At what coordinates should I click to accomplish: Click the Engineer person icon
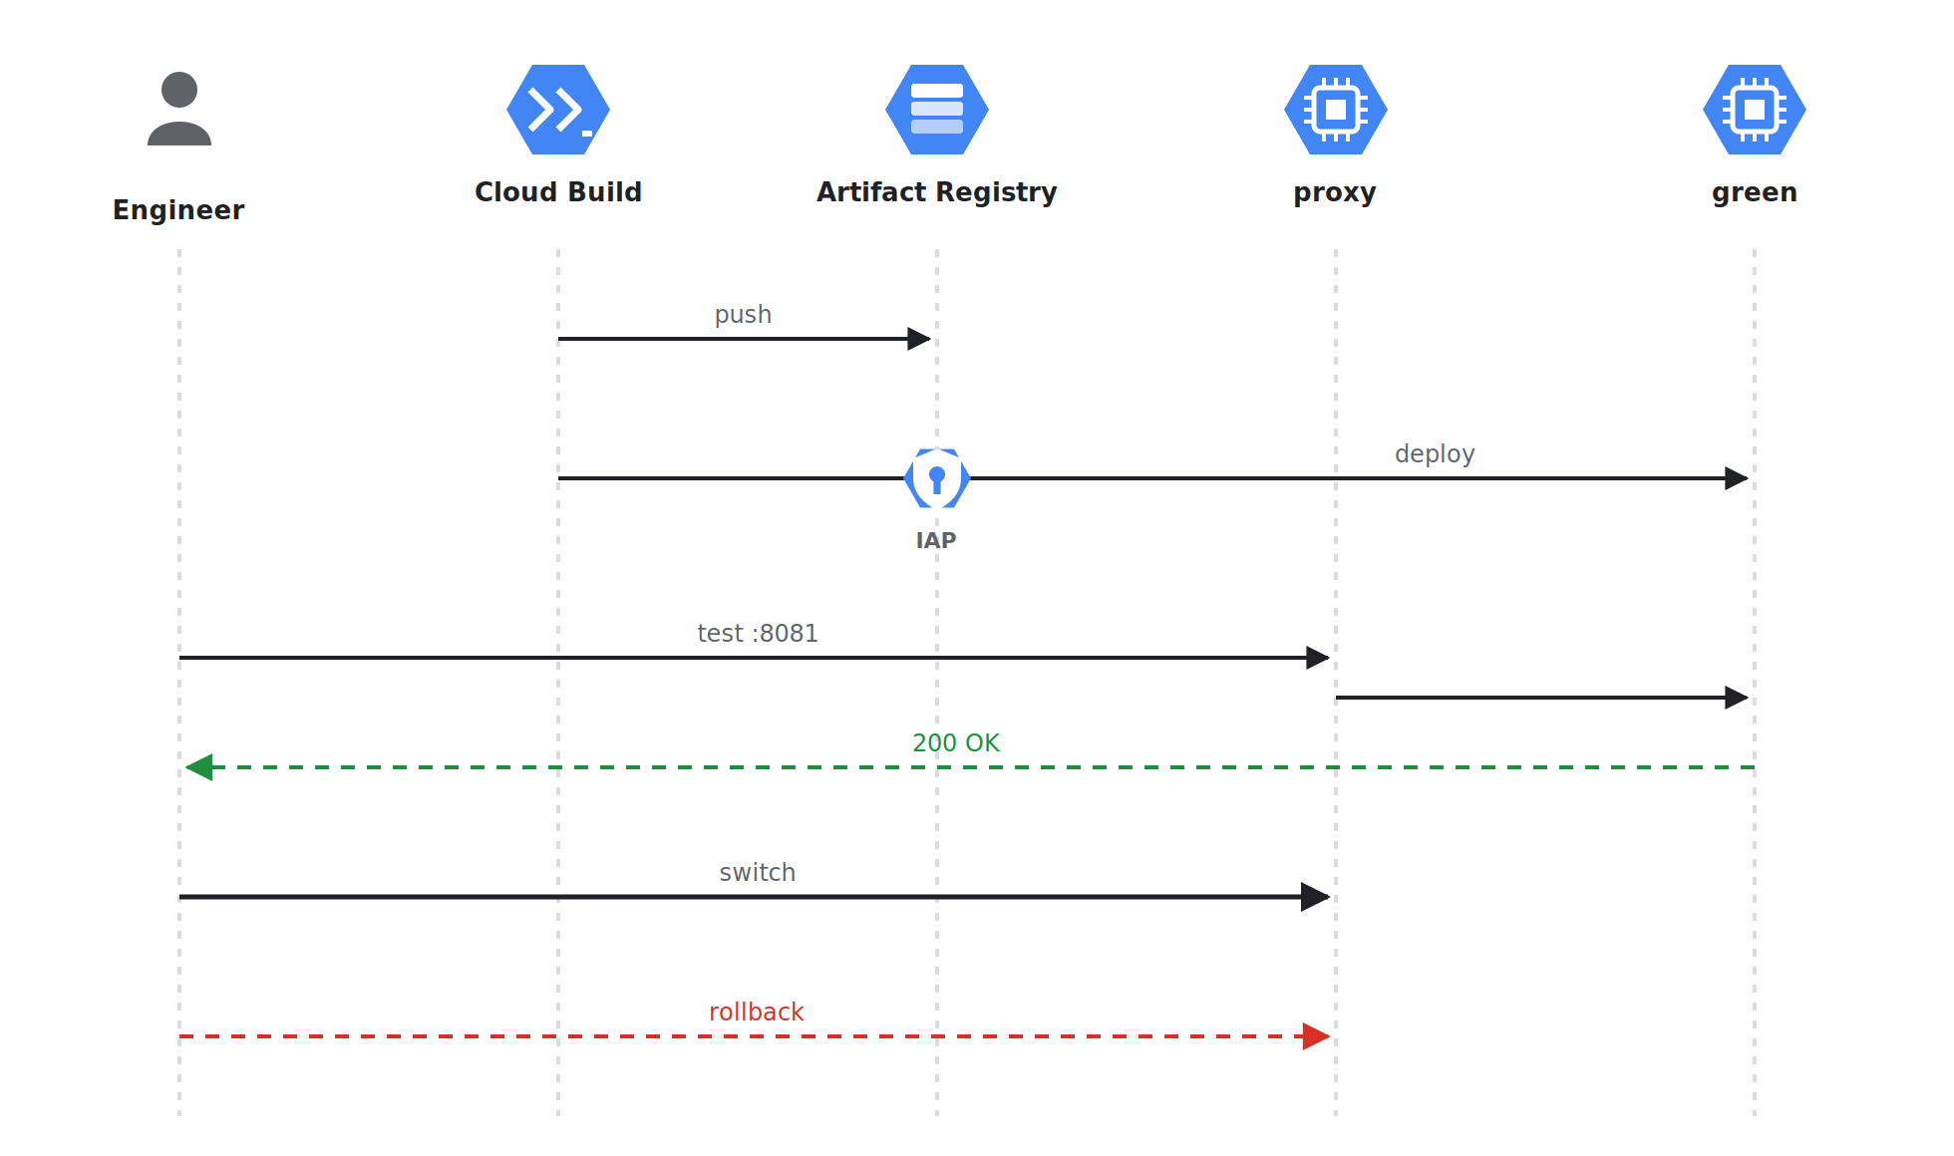179,109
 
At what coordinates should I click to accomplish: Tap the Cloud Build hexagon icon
558,110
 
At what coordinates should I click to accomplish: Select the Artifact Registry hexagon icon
937,110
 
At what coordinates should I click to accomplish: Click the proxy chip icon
1336,110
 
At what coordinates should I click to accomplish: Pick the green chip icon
1755,110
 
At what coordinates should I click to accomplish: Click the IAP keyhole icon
937,478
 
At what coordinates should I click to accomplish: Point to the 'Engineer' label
178,210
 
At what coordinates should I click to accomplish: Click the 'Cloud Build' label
558,192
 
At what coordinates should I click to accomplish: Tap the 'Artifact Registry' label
937,192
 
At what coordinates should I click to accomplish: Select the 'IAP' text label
936,540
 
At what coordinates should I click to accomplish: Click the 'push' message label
743,315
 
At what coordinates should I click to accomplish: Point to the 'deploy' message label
1435,454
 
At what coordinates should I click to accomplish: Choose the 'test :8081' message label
758,633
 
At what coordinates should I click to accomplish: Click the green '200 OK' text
956,742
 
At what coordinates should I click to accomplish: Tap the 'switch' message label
758,872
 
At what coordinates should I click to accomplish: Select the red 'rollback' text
757,1011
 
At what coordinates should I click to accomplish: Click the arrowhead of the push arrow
919,339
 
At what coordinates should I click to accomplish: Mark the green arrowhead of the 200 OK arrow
198,767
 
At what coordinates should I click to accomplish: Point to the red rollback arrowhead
1316,1036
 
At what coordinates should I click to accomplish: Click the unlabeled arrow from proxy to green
1542,698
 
